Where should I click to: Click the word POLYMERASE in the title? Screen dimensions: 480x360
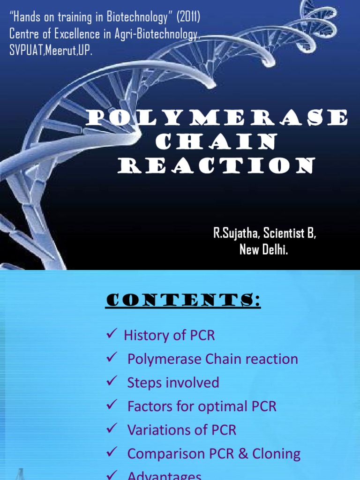pos(217,118)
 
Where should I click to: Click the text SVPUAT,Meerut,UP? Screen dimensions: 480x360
pos(51,50)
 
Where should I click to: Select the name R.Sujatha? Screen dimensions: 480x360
pos(234,234)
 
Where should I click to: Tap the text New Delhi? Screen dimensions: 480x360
pos(264,250)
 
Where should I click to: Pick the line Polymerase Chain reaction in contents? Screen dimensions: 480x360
pos(212,359)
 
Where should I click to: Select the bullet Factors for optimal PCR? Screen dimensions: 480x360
pos(202,406)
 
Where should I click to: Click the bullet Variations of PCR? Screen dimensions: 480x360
pos(182,430)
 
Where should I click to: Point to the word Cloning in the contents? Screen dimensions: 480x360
pos(277,453)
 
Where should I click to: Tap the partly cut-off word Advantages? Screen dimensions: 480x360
pos(164,475)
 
